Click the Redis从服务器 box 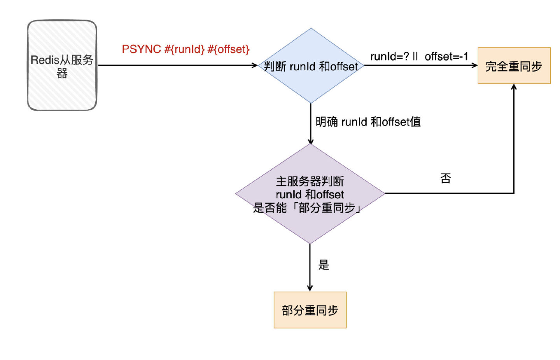tap(62, 65)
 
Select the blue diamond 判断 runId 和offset tap(311, 66)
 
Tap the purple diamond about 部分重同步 tap(310, 194)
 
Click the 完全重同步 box tap(514, 66)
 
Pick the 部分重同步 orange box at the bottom tap(310, 310)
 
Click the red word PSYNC tap(141, 49)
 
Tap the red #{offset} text tap(229, 49)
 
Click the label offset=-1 tap(446, 57)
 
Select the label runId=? tap(389, 57)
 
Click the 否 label tap(446, 178)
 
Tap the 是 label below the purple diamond tap(324, 265)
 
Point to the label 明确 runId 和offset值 tap(368, 122)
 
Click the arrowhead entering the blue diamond tap(255, 65)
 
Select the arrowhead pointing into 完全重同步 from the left tap(475, 65)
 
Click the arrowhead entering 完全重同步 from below tap(514, 87)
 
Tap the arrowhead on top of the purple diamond tap(310, 141)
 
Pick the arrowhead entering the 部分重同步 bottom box tap(310, 288)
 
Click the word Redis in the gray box tap(45, 60)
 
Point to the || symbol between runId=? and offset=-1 tap(415, 56)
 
